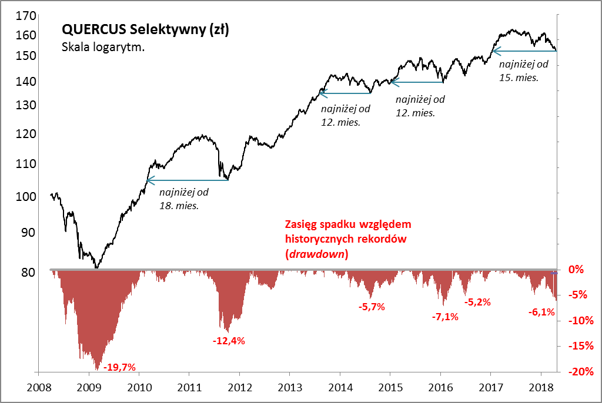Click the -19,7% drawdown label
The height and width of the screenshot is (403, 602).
119,368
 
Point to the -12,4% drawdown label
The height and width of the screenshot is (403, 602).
229,340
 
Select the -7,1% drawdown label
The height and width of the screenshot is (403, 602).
445,317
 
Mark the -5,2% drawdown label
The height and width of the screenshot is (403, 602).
477,303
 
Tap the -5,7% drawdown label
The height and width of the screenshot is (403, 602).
372,307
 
